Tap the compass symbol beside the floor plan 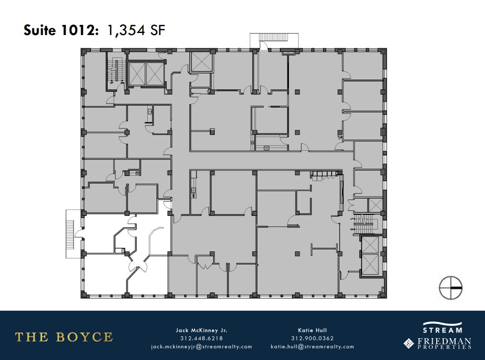point(450,287)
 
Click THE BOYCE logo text point(64,337)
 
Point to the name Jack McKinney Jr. point(202,330)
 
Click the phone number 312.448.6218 point(202,338)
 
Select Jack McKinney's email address point(202,347)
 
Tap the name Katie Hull point(312,330)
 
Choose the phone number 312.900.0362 point(312,338)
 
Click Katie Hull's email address point(312,347)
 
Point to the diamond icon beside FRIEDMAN point(408,344)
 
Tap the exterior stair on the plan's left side point(71,232)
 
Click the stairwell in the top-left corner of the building point(117,72)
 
